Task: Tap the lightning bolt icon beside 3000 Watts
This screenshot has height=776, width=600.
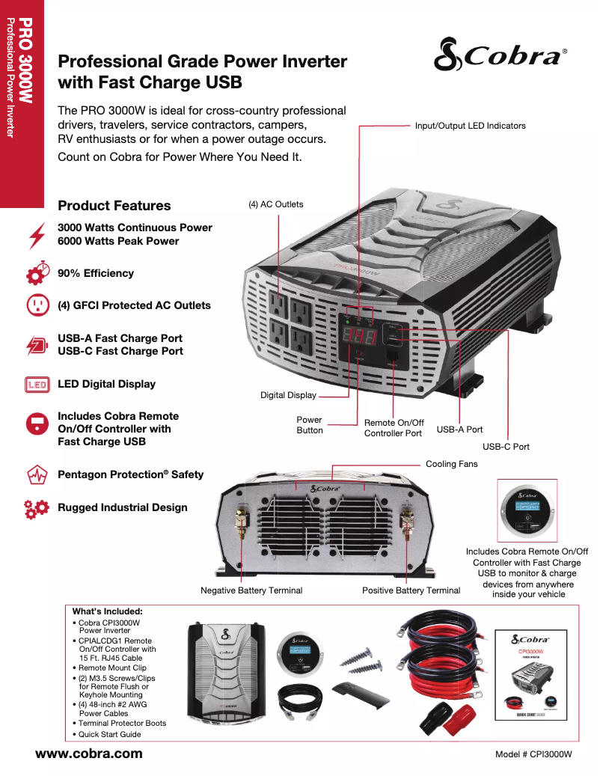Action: (x=36, y=234)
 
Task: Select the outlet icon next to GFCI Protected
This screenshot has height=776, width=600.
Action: (x=36, y=305)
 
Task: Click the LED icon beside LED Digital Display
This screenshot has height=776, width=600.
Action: (x=36, y=385)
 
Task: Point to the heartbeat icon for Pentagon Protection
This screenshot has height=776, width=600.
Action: (x=36, y=475)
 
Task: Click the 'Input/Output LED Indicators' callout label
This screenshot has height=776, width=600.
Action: (x=470, y=126)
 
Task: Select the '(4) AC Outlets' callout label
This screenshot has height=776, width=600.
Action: (x=276, y=204)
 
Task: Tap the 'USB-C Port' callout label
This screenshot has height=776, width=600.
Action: (x=506, y=447)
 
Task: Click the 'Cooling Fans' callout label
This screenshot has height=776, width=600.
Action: (x=451, y=464)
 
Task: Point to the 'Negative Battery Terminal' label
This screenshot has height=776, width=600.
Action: (x=251, y=590)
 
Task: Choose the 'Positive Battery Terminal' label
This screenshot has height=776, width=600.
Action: (x=411, y=590)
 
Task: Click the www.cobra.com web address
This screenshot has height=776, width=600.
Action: (x=89, y=754)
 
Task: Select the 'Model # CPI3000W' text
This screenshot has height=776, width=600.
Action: (x=533, y=754)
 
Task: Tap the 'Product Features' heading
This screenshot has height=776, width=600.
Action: (x=114, y=206)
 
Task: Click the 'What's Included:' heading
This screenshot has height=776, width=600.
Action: (x=107, y=611)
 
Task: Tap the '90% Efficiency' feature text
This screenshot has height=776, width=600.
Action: (x=96, y=274)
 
